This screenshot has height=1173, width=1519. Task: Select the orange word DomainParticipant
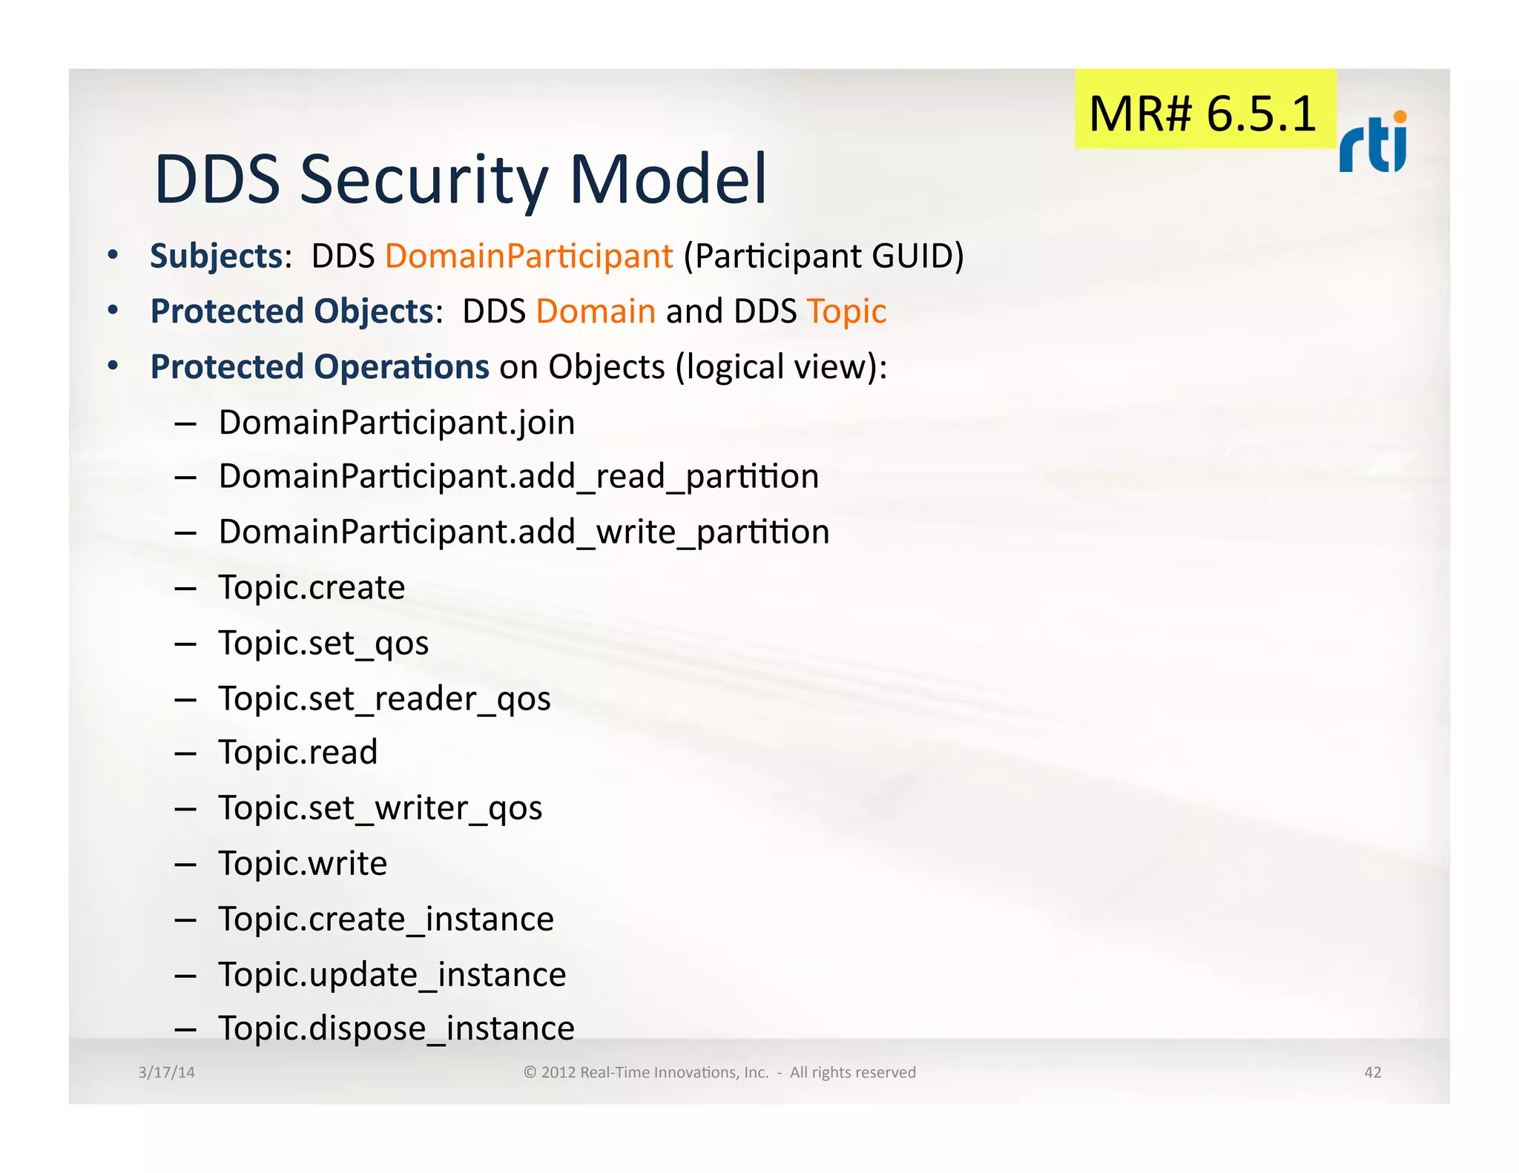529,257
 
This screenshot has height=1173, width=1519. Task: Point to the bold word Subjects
216,257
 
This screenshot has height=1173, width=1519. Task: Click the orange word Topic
846,311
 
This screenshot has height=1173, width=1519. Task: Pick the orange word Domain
596,311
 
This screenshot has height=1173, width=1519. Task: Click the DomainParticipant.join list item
397,423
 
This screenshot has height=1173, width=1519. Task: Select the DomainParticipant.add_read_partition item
518,477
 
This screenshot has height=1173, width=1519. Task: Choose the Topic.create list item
312,588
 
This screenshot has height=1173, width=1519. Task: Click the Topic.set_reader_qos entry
384,698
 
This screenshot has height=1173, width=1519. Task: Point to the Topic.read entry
298,753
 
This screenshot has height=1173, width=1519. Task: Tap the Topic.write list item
303,864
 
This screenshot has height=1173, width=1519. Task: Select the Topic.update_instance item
392,975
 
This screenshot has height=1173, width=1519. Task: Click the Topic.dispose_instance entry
396,1029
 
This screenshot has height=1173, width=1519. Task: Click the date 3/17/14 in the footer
167,1072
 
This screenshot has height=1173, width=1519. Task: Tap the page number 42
1372,1072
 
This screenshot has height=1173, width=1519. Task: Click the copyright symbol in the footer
530,1072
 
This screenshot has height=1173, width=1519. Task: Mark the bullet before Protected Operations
113,366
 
